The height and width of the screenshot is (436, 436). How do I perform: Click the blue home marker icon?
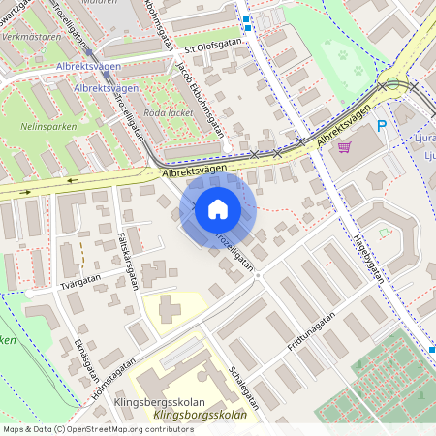[x=217, y=209]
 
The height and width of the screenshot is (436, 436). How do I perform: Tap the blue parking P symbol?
[x=381, y=126]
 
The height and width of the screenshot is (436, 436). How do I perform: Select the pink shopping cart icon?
[x=344, y=147]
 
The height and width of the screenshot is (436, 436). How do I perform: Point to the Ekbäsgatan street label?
[x=84, y=358]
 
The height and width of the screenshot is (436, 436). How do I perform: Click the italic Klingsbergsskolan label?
[x=200, y=416]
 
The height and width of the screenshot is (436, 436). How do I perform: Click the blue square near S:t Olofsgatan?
[x=246, y=19]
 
